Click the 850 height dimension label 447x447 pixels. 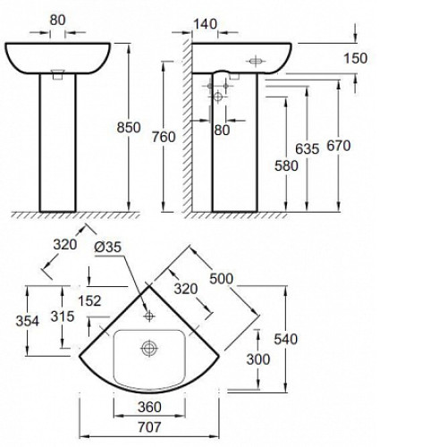coord(129,128)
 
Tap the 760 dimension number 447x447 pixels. coord(164,137)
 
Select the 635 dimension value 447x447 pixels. coord(307,148)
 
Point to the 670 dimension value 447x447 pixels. coord(339,146)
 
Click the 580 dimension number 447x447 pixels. coord(286,165)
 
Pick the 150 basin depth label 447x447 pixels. coord(356,58)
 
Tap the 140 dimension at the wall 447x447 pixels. coord(206,24)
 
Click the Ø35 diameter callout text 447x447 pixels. coord(108,247)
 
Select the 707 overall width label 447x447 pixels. coord(149,427)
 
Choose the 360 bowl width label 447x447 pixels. coord(149,407)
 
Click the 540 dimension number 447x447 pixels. coord(285,339)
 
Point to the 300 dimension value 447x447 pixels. coord(258,359)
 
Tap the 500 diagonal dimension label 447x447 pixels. coord(221,279)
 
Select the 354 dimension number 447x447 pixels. coord(28,321)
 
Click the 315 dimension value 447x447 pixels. coord(63,316)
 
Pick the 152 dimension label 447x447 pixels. coord(89,300)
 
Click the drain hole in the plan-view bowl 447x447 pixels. coord(149,348)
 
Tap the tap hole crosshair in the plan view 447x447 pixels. coord(149,316)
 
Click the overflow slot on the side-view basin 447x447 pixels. coord(256,61)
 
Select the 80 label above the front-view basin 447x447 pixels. coord(57,21)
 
